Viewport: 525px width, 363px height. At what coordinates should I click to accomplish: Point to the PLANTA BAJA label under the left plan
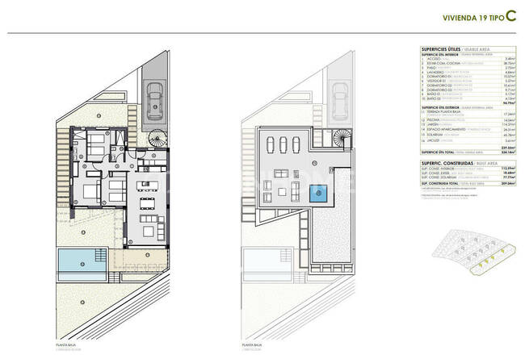(x=67, y=344)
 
